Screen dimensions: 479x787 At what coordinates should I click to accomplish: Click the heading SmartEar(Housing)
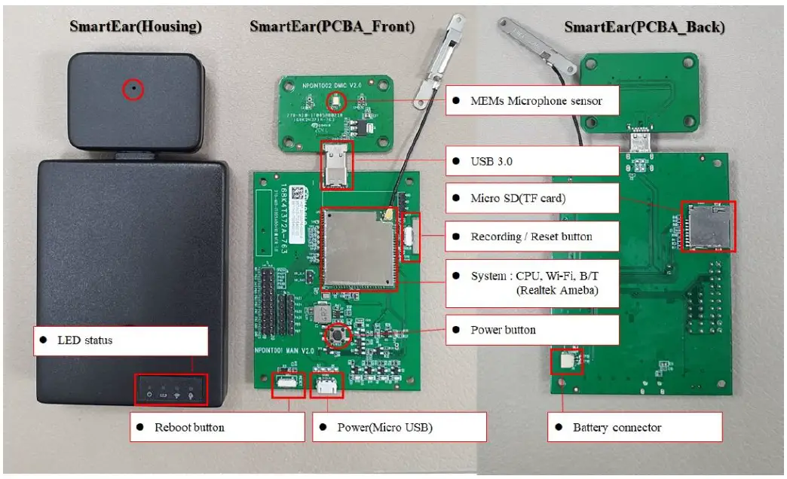pyautogui.click(x=136, y=26)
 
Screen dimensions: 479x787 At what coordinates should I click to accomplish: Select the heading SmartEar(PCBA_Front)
pyautogui.click(x=332, y=26)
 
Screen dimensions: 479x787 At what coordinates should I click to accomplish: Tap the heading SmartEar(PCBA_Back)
pyautogui.click(x=645, y=28)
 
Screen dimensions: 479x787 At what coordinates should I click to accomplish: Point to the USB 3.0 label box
pyautogui.click(x=532, y=160)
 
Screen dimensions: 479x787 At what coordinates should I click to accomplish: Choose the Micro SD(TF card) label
pyautogui.click(x=532, y=198)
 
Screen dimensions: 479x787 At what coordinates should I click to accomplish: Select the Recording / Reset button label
pyautogui.click(x=532, y=236)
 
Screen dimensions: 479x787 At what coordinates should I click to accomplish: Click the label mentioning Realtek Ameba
pyautogui.click(x=532, y=283)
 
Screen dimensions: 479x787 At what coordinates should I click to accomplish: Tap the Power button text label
pyautogui.click(x=532, y=330)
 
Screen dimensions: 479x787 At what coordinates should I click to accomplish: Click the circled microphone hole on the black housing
pyautogui.click(x=133, y=90)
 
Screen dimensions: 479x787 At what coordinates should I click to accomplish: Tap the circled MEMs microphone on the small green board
pyautogui.click(x=335, y=102)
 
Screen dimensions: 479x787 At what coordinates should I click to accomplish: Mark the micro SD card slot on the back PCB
pyautogui.click(x=707, y=226)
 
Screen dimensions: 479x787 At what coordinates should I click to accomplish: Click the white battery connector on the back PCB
pyautogui.click(x=567, y=362)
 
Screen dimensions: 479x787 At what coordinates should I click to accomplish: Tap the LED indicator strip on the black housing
pyautogui.click(x=171, y=390)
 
